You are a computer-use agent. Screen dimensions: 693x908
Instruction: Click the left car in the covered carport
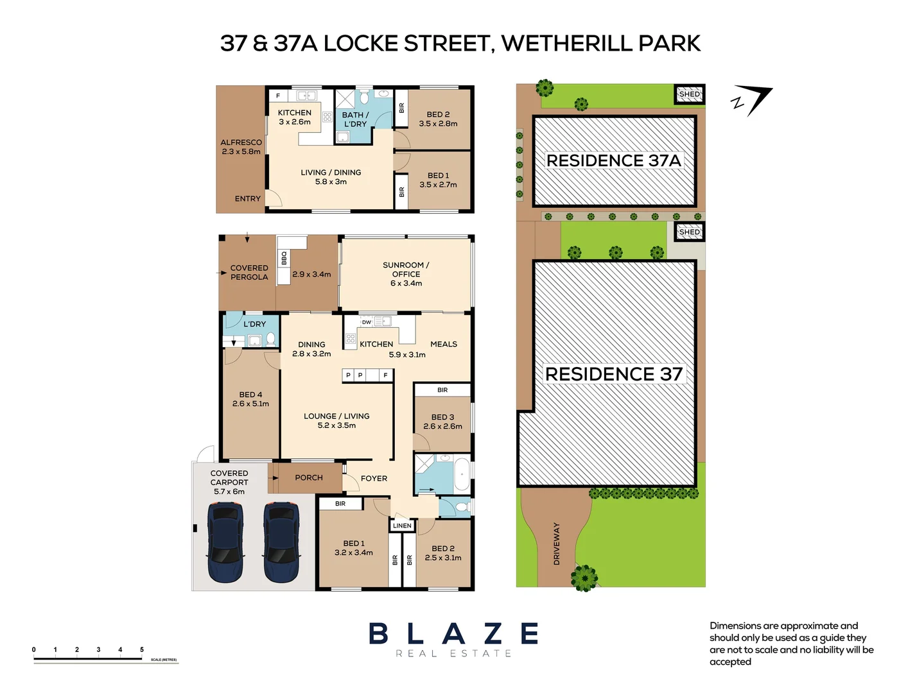(225, 542)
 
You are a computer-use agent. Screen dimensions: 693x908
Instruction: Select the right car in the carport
(281, 542)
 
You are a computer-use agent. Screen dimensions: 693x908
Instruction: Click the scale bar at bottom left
(88, 658)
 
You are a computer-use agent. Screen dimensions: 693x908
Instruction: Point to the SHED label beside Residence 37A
(689, 94)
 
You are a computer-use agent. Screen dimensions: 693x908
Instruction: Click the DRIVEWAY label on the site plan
(556, 543)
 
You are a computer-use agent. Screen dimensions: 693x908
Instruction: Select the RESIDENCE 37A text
(613, 160)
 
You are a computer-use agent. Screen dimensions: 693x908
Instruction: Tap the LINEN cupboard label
(402, 526)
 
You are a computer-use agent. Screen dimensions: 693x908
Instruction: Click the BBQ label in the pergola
(284, 258)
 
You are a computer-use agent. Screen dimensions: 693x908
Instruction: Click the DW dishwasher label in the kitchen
(366, 322)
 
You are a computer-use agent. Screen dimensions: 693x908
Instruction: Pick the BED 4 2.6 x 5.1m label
(250, 399)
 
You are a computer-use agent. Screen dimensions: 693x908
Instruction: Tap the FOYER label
(374, 478)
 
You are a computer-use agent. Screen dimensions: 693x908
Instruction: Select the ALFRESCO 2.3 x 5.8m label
(241, 147)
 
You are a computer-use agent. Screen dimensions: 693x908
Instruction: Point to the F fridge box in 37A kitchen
(278, 96)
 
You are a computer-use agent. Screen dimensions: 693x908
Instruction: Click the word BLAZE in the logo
(453, 634)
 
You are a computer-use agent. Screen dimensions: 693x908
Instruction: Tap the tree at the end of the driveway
(584, 577)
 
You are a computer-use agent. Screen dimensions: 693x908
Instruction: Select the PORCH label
(309, 477)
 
